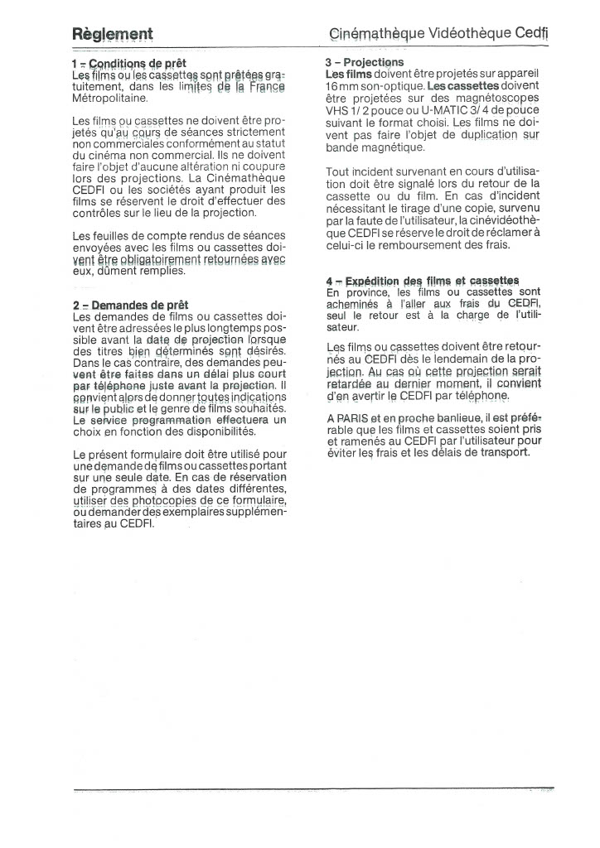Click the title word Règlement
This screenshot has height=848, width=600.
click(112, 35)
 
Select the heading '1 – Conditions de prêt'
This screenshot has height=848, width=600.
click(129, 63)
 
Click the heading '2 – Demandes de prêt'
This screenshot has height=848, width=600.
click(130, 305)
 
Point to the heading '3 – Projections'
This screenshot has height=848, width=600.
click(365, 63)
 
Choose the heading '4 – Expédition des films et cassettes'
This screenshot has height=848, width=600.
click(423, 281)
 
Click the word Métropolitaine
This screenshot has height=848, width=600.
click(110, 98)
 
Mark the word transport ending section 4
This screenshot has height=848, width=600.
click(496, 453)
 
